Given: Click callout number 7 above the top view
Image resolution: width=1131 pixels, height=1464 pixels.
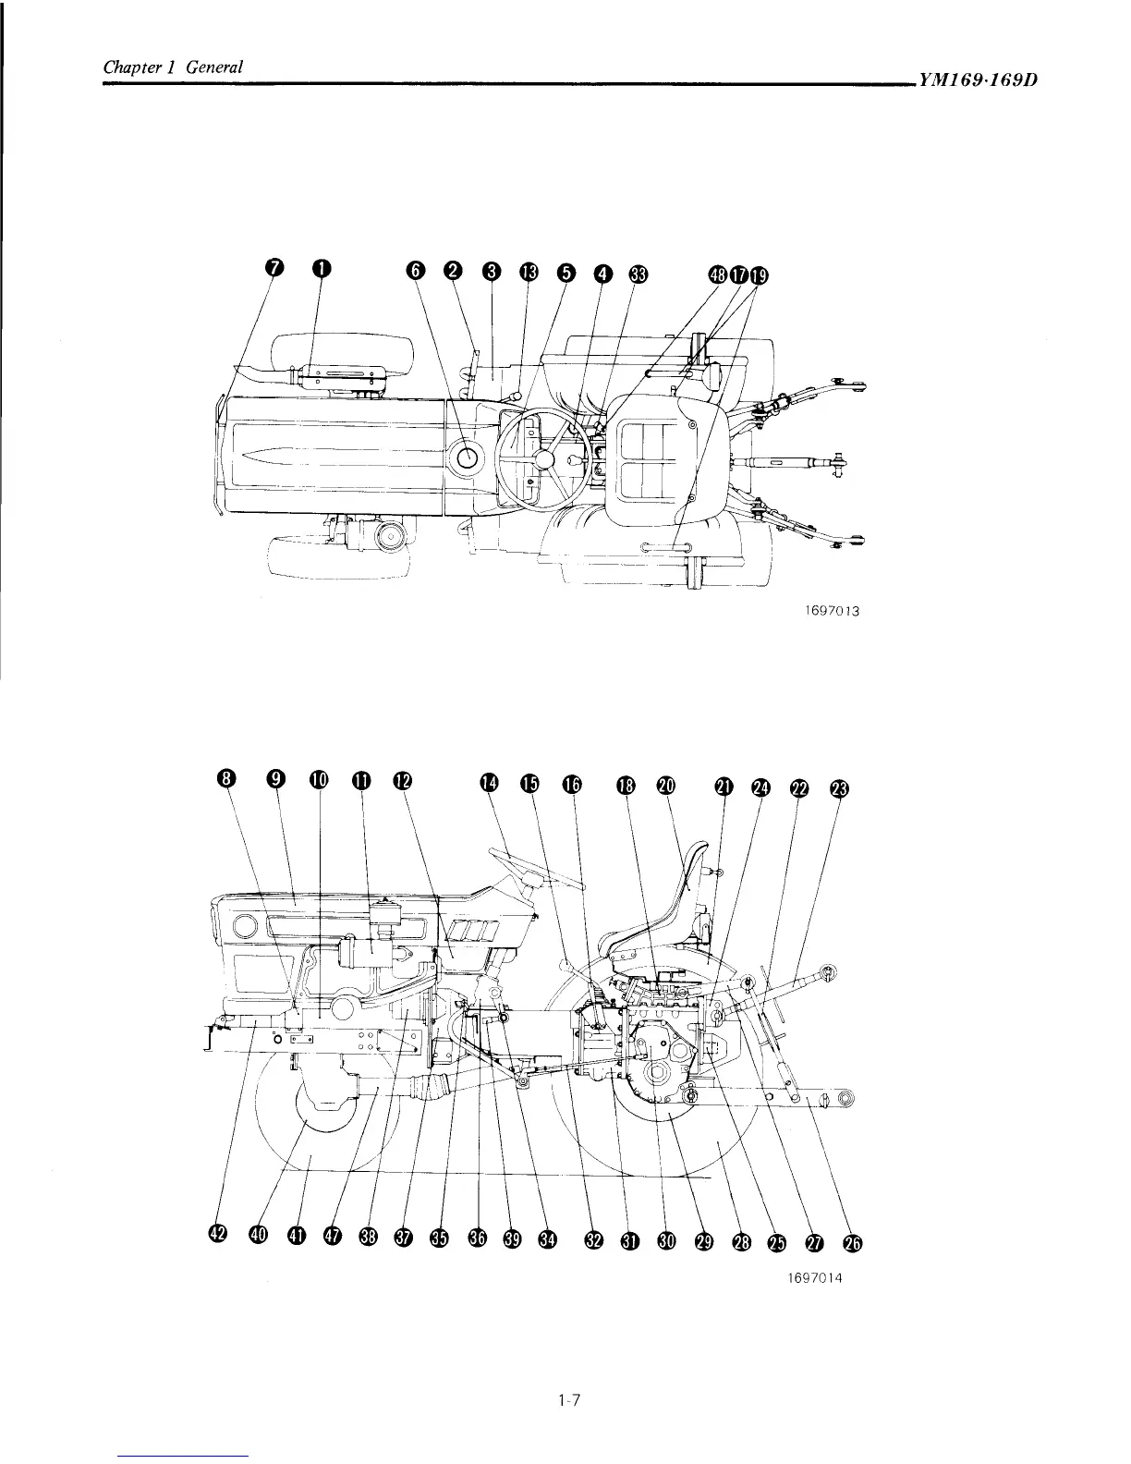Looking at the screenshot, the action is point(274,268).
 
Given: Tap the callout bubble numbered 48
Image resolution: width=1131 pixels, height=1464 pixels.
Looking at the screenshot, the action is point(718,274).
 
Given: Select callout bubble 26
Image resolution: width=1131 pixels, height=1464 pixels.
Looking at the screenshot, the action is point(853,1243).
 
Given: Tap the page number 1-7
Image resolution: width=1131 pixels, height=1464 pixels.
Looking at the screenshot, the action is point(567,1401).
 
